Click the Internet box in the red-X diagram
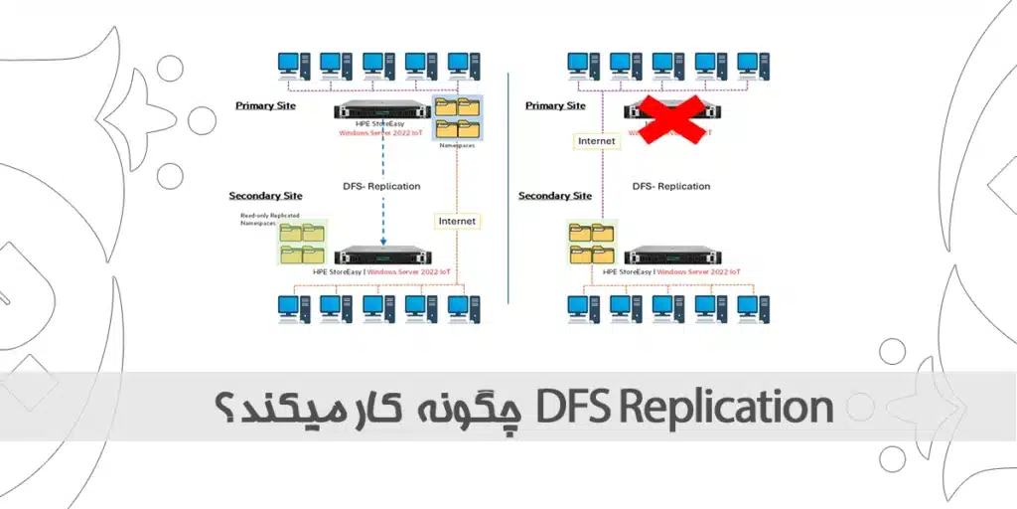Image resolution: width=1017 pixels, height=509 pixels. tap(597, 141)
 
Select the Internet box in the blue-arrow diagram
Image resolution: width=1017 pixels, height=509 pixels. tap(457, 221)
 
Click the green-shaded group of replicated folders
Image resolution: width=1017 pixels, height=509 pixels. tap(303, 243)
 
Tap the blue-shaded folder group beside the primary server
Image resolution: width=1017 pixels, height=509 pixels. tap(457, 116)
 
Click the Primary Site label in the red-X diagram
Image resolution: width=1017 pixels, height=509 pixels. tap(555, 105)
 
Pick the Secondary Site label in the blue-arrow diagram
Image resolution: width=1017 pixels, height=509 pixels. tap(265, 196)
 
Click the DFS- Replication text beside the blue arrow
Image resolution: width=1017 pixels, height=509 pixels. tap(381, 186)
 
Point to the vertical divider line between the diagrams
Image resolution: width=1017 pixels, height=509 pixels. tap(508, 189)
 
